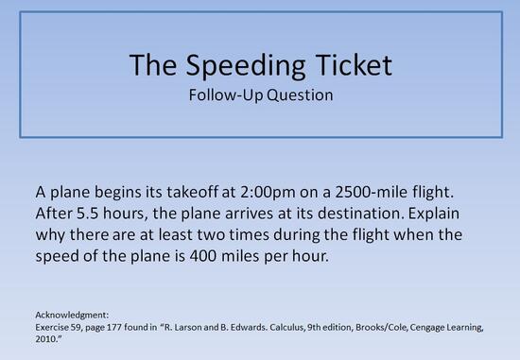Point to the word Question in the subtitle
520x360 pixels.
(x=301, y=95)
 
